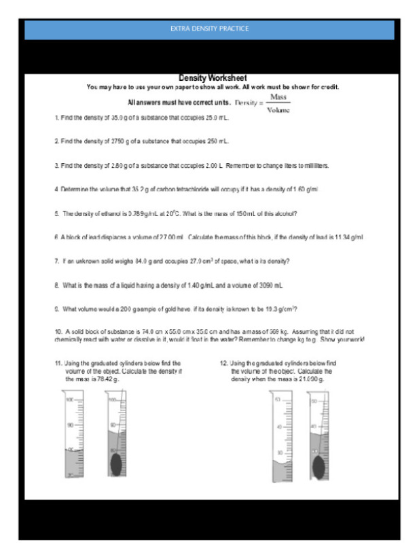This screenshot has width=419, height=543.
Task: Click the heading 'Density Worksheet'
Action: click(213, 79)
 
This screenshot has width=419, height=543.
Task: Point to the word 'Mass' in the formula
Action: click(278, 98)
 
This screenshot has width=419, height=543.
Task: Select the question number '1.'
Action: click(56, 118)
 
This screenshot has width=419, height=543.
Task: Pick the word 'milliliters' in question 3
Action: click(314, 165)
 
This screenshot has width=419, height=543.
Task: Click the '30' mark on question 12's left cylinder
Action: click(278, 452)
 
